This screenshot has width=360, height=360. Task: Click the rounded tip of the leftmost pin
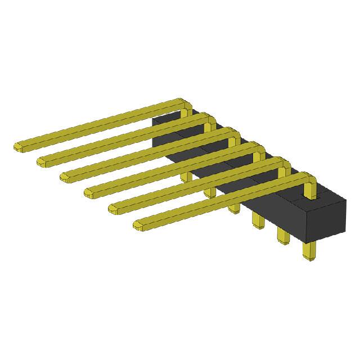tap(19, 146)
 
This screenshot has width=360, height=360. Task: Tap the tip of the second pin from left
tap(43, 162)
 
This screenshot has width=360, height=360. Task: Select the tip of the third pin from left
tap(66, 177)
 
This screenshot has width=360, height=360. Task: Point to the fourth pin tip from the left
tap(90, 193)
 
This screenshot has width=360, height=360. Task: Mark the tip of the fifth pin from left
tap(114, 209)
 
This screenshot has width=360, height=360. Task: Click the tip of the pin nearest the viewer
tap(139, 226)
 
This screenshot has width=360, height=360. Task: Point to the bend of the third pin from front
tap(260, 150)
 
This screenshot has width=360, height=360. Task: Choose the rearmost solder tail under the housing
tap(184, 175)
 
